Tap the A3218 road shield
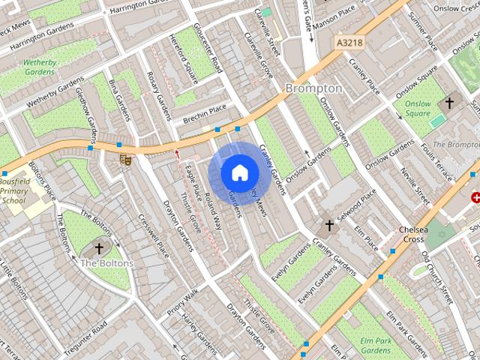point(350,43)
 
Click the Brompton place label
point(313,88)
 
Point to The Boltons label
point(107,263)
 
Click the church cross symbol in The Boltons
point(99,248)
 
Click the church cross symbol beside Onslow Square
point(450,103)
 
